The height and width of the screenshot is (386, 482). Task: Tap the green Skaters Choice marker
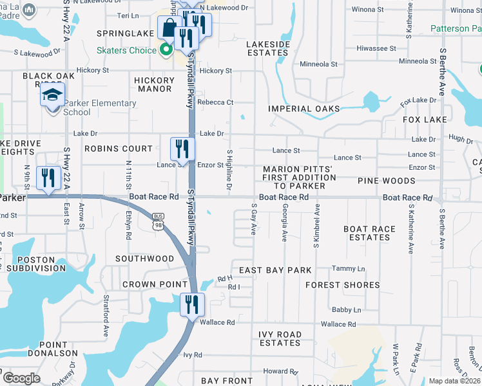click(166, 50)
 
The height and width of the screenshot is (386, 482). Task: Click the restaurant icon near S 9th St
click(48, 177)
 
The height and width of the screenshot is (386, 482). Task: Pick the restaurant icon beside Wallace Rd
click(191, 304)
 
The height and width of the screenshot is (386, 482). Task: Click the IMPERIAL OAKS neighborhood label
click(304, 109)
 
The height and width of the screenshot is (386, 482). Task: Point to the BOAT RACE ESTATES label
click(369, 233)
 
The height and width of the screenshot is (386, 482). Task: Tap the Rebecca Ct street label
click(215, 102)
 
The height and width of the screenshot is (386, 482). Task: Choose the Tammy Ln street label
click(348, 268)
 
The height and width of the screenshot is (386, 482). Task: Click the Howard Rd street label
click(280, 371)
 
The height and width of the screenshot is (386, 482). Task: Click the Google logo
click(21, 378)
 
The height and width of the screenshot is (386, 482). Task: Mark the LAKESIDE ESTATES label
click(268, 49)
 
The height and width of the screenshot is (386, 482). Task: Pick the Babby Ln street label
click(346, 309)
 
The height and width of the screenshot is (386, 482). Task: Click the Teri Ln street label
click(128, 14)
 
